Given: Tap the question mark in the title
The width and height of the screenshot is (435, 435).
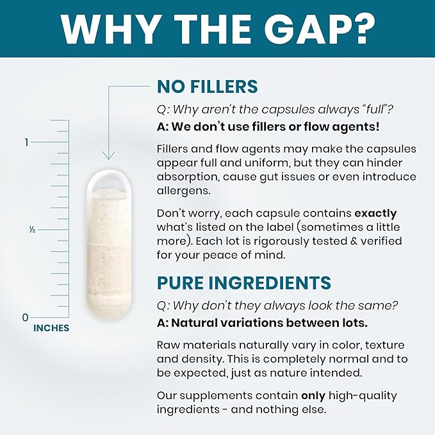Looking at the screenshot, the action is pyautogui.click(x=364, y=29).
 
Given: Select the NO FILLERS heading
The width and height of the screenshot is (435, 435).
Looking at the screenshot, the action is pyautogui.click(x=207, y=86).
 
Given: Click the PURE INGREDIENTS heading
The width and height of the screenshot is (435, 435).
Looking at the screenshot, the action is pyautogui.click(x=244, y=283).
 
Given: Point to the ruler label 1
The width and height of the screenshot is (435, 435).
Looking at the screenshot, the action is pyautogui.click(x=26, y=142).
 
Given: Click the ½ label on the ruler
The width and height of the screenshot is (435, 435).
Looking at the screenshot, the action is pyautogui.click(x=32, y=230).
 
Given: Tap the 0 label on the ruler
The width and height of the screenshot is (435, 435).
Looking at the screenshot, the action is pyautogui.click(x=25, y=317).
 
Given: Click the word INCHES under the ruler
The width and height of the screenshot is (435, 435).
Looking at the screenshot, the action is pyautogui.click(x=51, y=328).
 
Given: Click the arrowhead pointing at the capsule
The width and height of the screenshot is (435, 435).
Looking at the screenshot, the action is pyautogui.click(x=108, y=155).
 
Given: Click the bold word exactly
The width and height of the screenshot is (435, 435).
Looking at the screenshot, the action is pyautogui.click(x=375, y=213).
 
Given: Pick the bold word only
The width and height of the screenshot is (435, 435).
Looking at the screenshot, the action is pyautogui.click(x=313, y=396).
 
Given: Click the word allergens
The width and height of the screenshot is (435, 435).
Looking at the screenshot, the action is pyautogui.click(x=183, y=190).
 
